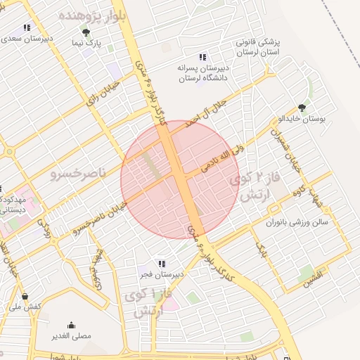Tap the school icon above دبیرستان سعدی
click(x=27, y=28)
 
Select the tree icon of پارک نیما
click(x=86, y=33)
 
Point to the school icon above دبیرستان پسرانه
click(x=202, y=57)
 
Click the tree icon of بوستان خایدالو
click(x=302, y=108)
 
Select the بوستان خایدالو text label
click(x=304, y=119)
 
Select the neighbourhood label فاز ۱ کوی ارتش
click(x=145, y=303)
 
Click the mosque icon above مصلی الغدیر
click(x=71, y=326)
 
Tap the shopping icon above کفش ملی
click(x=26, y=296)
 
